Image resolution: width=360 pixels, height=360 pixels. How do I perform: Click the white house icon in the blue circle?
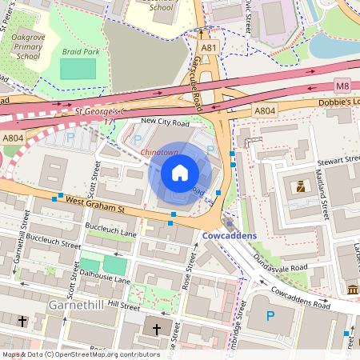pyautogui.click(x=180, y=172)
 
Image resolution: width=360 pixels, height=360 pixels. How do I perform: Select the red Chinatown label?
pyautogui.click(x=160, y=151)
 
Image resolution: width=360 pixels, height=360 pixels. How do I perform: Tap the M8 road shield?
pyautogui.click(x=342, y=86)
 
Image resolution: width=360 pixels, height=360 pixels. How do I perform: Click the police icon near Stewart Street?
pyautogui.click(x=300, y=187)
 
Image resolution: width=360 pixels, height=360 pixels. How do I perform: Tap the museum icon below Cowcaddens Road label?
pyautogui.click(x=353, y=289)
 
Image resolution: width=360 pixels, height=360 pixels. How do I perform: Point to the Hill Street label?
pyautogui.click(x=123, y=305)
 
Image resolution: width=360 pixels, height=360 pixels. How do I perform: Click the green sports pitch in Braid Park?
pyautogui.click(x=77, y=69)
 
